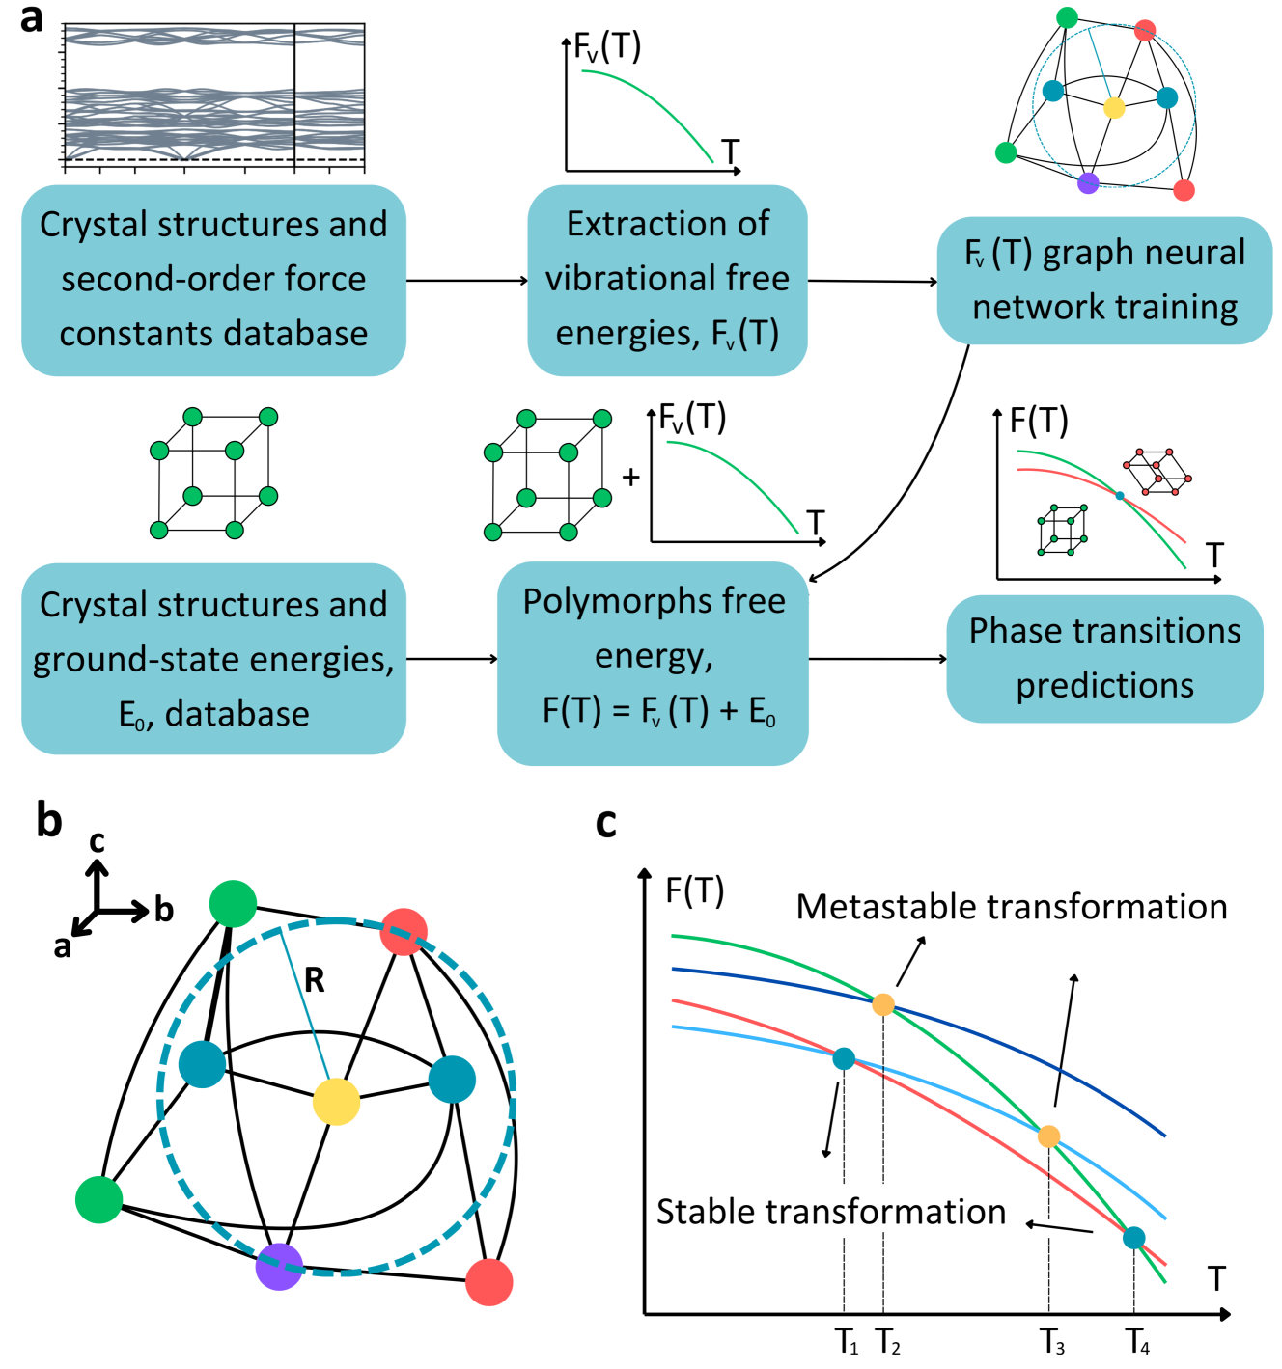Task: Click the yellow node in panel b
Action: (x=336, y=1102)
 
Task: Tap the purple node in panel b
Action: (x=279, y=1266)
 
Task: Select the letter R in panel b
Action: (x=315, y=980)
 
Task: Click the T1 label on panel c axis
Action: (x=847, y=1341)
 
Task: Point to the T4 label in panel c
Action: (x=1138, y=1341)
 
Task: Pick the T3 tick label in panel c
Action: (x=1052, y=1341)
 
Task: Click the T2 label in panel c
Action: (x=888, y=1341)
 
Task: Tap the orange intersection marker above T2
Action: (x=883, y=1004)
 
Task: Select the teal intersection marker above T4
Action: (x=1134, y=1238)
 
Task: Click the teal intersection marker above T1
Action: (x=844, y=1058)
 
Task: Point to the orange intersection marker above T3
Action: (x=1048, y=1136)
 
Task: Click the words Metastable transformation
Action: (x=1012, y=907)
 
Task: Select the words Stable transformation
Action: (x=831, y=1212)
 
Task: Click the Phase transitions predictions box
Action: (x=1104, y=658)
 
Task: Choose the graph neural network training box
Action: (x=1104, y=280)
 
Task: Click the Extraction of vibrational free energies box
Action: (x=667, y=280)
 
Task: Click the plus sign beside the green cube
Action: (x=631, y=477)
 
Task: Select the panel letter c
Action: (x=606, y=822)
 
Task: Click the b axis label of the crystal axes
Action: (x=164, y=909)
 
